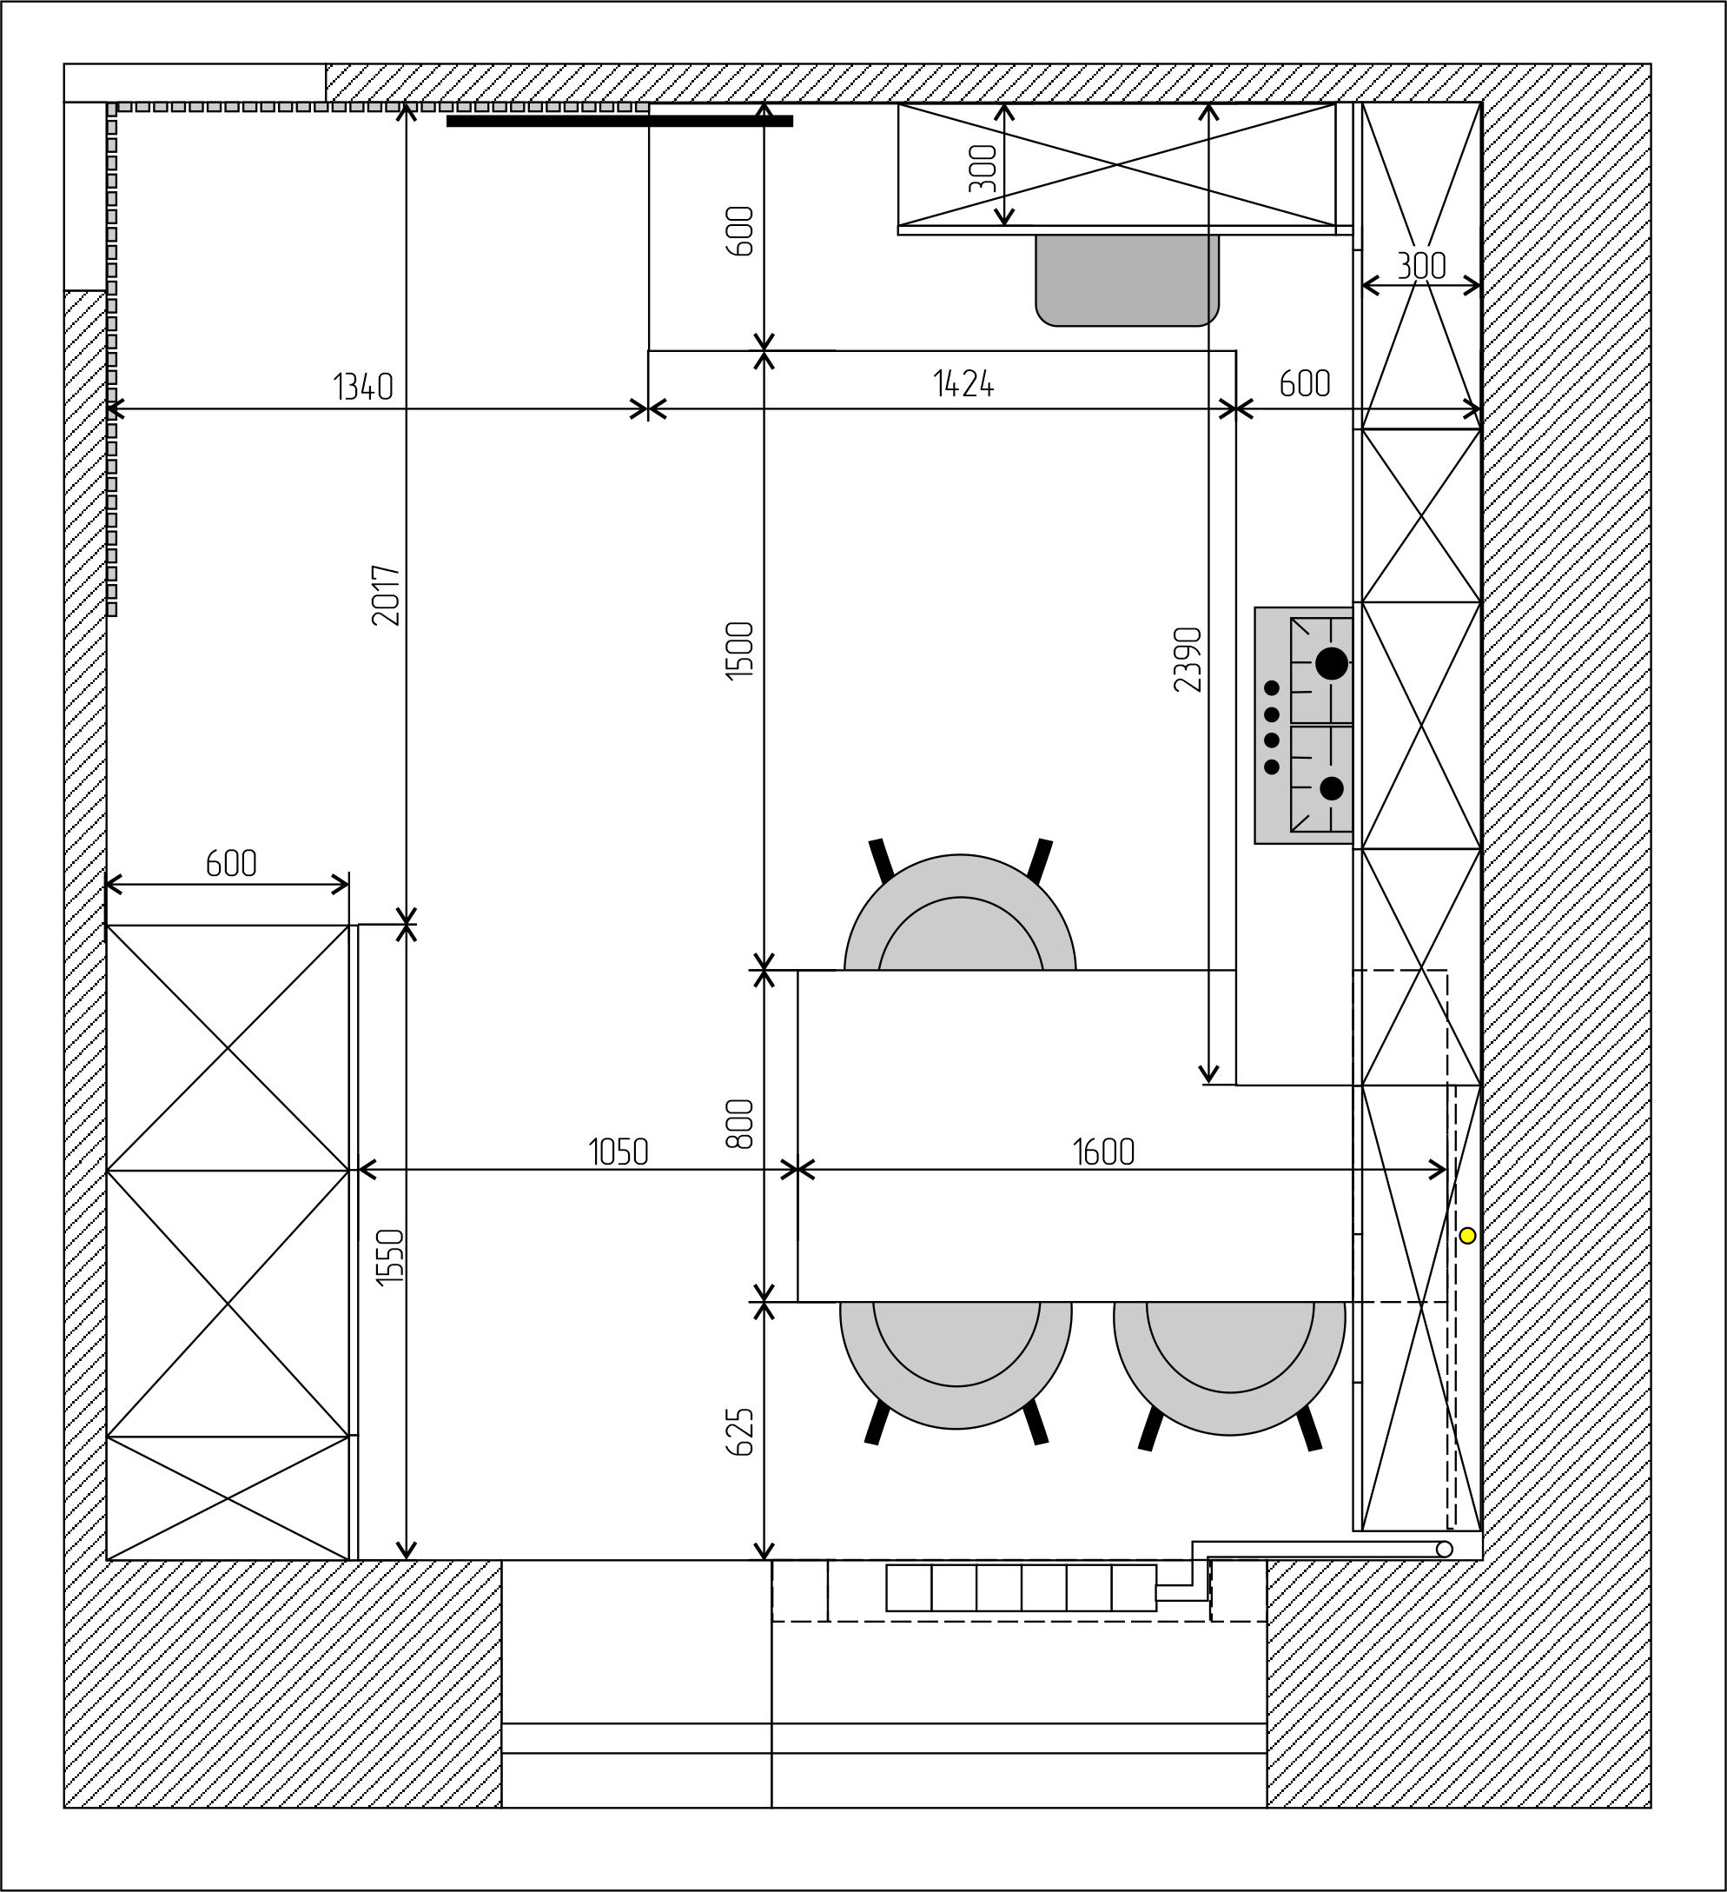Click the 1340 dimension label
(363, 387)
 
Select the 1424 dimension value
(963, 384)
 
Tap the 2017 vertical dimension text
(387, 595)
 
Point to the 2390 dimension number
(1188, 659)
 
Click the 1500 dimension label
(740, 650)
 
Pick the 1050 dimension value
(619, 1152)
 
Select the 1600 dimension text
(1104, 1152)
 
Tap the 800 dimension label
(740, 1124)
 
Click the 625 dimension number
(740, 1431)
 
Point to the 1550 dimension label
(389, 1257)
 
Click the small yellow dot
(1467, 1236)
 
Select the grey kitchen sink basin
(1127, 280)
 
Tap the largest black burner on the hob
(1331, 663)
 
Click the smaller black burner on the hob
(1331, 788)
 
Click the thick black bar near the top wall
(619, 120)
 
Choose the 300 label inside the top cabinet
(983, 168)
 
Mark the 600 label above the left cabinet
(231, 863)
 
